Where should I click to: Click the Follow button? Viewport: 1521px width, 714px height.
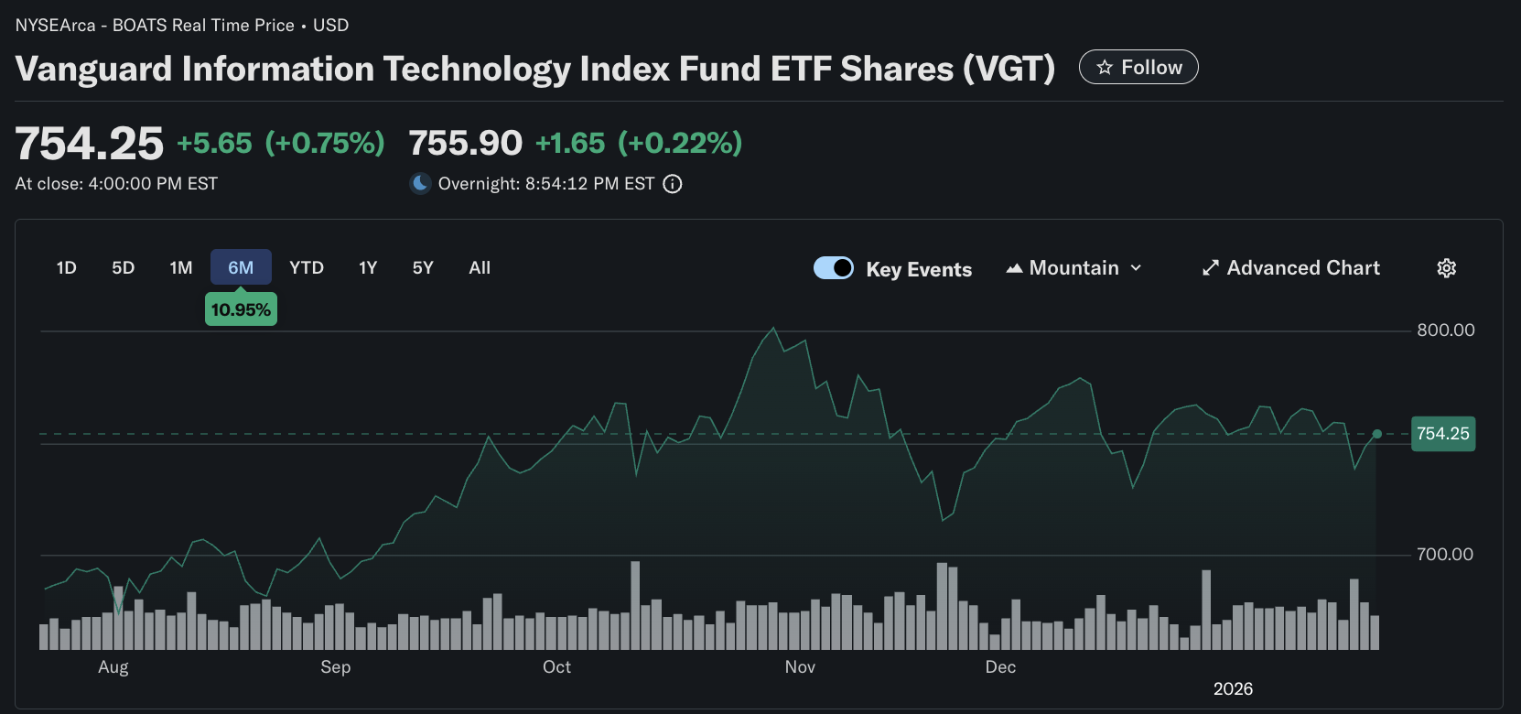[1138, 67]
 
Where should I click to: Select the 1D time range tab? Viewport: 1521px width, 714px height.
[66, 267]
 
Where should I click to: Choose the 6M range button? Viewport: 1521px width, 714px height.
[241, 267]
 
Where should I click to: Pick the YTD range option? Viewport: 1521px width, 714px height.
[307, 267]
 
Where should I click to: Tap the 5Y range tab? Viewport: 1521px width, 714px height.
[423, 267]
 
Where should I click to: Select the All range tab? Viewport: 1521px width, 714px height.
[480, 267]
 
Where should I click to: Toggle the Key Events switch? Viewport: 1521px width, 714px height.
[834, 267]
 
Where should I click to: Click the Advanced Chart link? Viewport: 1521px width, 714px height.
[1290, 267]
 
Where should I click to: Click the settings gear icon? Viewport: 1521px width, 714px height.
[1446, 267]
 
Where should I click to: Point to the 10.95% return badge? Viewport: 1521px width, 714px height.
[241, 309]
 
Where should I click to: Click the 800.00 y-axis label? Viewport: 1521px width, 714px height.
[1445, 330]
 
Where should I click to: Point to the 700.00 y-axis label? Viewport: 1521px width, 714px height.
[1444, 554]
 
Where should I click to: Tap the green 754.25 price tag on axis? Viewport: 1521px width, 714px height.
[1442, 433]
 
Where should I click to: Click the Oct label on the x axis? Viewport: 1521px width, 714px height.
[556, 666]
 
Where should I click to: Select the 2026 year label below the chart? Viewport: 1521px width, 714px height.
[1233, 688]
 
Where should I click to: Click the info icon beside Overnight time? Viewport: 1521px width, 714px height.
[673, 184]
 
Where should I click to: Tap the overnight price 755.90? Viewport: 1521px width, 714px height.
[465, 143]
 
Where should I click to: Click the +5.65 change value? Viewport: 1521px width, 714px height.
[214, 143]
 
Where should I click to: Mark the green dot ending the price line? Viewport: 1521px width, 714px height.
[1376, 434]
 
